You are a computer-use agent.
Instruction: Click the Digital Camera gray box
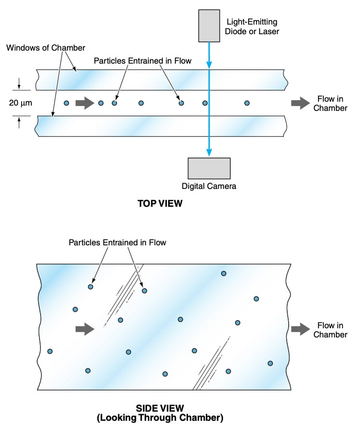click(209, 168)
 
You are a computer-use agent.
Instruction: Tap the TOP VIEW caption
click(160, 203)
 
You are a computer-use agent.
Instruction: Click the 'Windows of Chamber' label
click(45, 48)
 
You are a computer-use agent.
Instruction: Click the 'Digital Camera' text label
click(209, 186)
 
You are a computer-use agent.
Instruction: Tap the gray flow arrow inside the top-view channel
click(84, 103)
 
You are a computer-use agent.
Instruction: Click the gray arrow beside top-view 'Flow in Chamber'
click(300, 103)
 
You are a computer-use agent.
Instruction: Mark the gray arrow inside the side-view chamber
click(85, 329)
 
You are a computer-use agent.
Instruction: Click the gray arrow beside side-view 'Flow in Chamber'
click(300, 329)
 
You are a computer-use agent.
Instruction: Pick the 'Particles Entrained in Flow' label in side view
click(117, 242)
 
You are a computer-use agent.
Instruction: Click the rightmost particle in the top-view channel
click(247, 103)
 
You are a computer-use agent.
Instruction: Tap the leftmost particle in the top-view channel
click(67, 103)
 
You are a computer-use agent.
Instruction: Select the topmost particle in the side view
click(224, 273)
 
